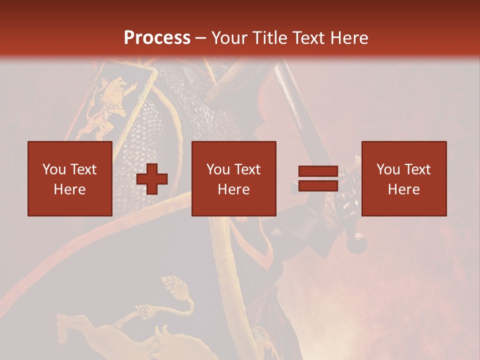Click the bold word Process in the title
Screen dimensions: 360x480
click(x=157, y=37)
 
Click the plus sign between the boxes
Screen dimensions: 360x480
click(x=152, y=178)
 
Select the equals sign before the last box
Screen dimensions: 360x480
click(x=318, y=178)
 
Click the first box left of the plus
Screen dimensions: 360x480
click(x=70, y=178)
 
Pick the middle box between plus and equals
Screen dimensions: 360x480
click(x=234, y=178)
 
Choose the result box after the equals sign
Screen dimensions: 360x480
click(x=404, y=178)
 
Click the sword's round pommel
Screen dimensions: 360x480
click(x=357, y=243)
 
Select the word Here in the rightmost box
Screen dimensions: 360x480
click(x=404, y=189)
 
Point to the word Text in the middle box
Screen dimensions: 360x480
click(x=247, y=169)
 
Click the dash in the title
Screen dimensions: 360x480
click(x=200, y=38)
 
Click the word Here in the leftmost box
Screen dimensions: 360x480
click(x=70, y=189)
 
